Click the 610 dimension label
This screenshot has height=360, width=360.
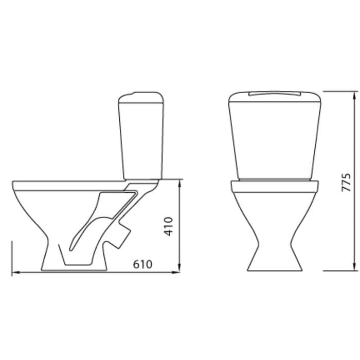142,264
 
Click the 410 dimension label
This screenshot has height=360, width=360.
168,226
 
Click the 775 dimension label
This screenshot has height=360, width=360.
347,183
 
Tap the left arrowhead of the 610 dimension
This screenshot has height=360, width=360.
15,273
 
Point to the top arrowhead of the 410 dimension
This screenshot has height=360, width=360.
179,183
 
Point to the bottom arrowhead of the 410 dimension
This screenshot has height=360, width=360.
179,268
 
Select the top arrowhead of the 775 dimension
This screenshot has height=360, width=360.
355,96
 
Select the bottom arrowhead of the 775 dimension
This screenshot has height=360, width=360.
355,266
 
